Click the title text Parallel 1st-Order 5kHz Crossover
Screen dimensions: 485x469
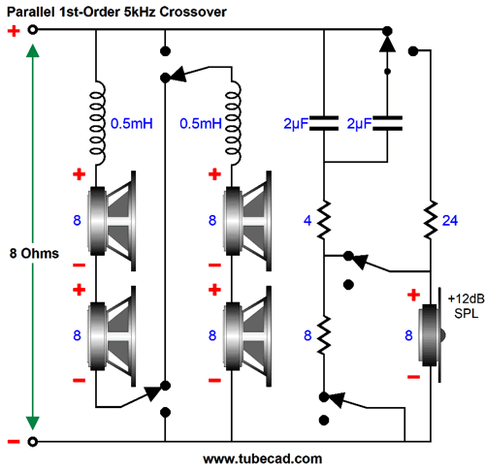[116, 12]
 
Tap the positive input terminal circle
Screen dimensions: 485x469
[32, 30]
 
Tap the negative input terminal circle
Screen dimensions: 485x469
[32, 441]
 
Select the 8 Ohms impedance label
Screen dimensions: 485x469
[34, 254]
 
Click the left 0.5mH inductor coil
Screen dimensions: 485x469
[97, 123]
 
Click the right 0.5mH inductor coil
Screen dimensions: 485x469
[233, 123]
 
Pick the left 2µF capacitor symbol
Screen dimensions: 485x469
[324, 123]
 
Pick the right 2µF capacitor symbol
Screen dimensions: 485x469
[387, 123]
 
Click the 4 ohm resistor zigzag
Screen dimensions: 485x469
[324, 220]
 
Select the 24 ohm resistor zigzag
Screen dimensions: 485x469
[431, 220]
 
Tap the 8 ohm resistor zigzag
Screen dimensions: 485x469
[324, 335]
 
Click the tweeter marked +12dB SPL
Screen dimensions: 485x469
[432, 335]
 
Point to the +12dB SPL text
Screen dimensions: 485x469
[466, 306]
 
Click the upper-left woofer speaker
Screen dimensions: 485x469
[112, 221]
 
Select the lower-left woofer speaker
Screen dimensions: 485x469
[112, 336]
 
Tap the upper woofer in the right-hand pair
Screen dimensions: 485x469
[247, 221]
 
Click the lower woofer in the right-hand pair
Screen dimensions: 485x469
[247, 336]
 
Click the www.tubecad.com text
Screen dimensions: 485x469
[263, 458]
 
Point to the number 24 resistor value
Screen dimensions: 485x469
[450, 221]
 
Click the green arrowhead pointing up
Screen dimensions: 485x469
[33, 51]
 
